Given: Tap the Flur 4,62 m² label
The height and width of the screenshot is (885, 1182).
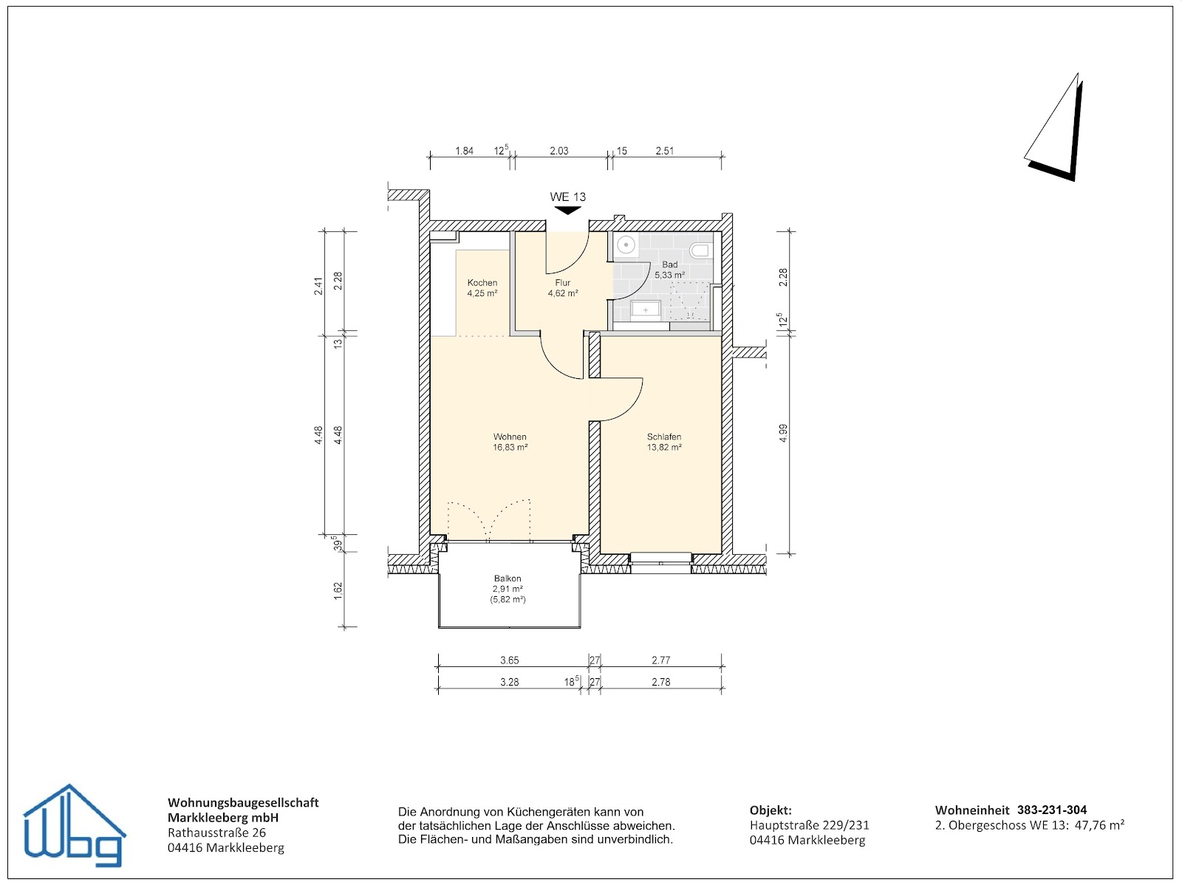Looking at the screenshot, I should (x=562, y=288).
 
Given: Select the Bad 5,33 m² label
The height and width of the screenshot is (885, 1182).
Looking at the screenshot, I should (x=669, y=270).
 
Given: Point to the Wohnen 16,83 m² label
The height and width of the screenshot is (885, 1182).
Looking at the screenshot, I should (x=510, y=442).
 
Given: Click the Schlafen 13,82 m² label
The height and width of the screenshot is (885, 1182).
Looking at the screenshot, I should (x=663, y=442).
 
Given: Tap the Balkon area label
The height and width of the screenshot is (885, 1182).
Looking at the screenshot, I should (x=508, y=589).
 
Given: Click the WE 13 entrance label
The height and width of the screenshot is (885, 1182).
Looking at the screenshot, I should (x=567, y=197).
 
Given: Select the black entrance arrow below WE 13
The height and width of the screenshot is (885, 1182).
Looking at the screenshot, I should (x=567, y=211).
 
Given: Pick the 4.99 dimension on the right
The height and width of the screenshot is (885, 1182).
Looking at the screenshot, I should (x=783, y=433).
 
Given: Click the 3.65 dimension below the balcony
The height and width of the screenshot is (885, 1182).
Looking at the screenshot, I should (x=509, y=660).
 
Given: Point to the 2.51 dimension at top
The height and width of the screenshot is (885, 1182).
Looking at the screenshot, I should (x=664, y=151).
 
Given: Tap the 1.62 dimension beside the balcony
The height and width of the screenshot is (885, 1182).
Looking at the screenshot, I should (x=338, y=591).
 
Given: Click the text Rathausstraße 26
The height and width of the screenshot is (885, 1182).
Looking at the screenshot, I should (x=216, y=833).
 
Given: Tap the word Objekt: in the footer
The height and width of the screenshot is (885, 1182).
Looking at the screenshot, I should (x=771, y=810).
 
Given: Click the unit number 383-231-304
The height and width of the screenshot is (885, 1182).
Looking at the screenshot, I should (x=1051, y=810).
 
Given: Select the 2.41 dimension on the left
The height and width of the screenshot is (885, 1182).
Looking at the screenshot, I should (x=318, y=286).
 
